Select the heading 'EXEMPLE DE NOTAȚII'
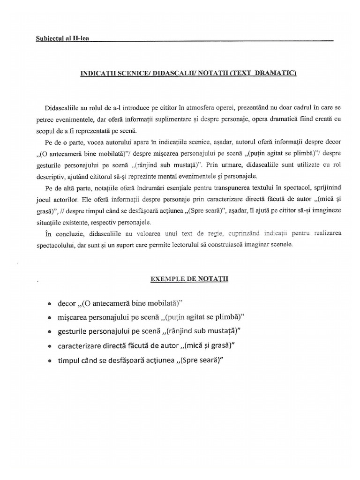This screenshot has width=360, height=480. (x=189, y=278)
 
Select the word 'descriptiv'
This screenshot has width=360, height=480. (x=51, y=176)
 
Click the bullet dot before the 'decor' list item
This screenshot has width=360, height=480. (x=50, y=304)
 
